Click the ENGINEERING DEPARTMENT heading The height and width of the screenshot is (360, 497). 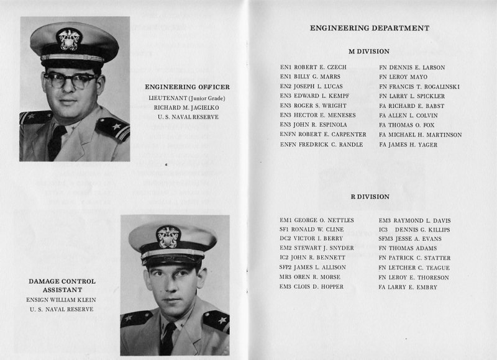click(369, 28)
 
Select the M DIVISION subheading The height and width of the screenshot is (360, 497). click(370, 52)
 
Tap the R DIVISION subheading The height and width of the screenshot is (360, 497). click(370, 197)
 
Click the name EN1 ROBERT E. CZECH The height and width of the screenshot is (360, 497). click(313, 67)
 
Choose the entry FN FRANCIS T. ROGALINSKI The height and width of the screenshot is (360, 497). click(419, 86)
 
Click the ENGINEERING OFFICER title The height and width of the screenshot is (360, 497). click(187, 86)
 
